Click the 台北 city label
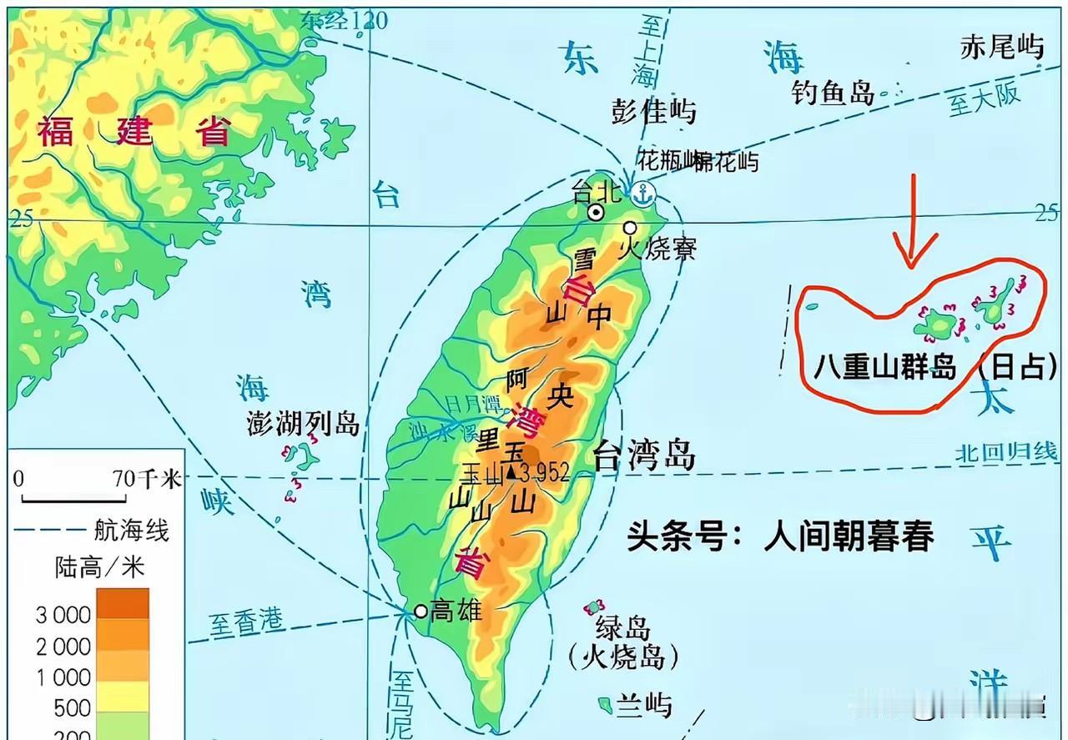[x=597, y=193]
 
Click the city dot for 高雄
[x=421, y=612]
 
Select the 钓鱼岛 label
[x=833, y=93]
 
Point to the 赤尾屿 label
[x=1001, y=48]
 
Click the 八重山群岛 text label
[x=884, y=367]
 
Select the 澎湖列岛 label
[x=303, y=424]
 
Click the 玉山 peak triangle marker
[x=510, y=474]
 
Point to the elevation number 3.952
[x=544, y=474]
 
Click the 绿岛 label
[x=622, y=627]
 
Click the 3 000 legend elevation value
[x=63, y=616]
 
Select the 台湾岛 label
[x=643, y=456]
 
